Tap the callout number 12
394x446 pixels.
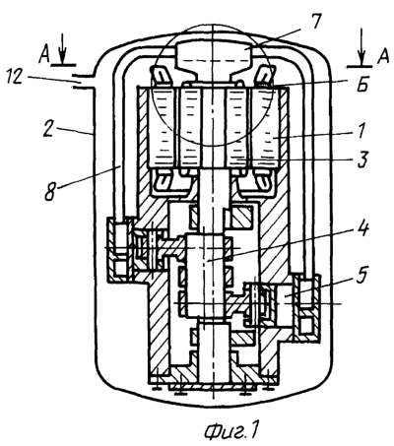pos(14,79)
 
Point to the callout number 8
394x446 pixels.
pos(50,191)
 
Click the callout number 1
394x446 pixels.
pos(361,131)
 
